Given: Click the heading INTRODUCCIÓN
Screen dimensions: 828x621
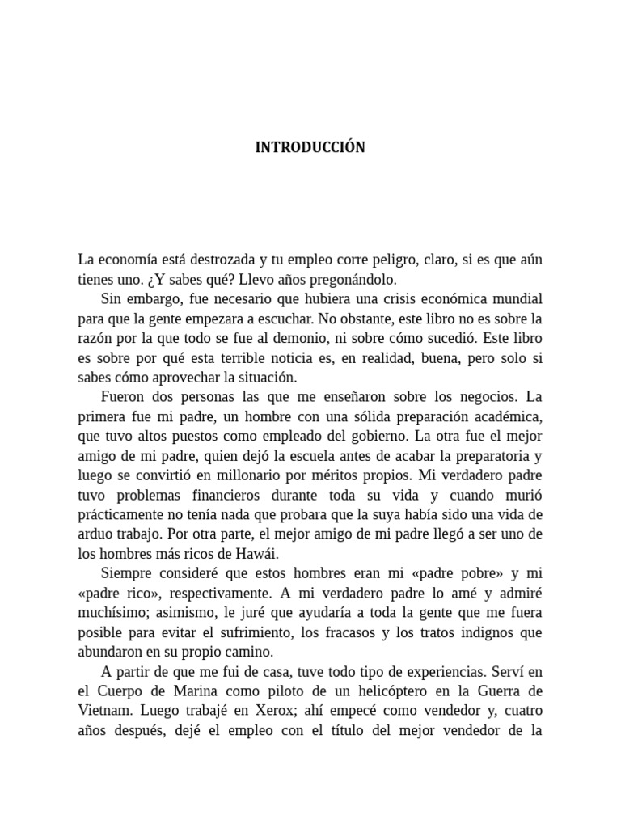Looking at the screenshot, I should (x=310, y=147).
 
